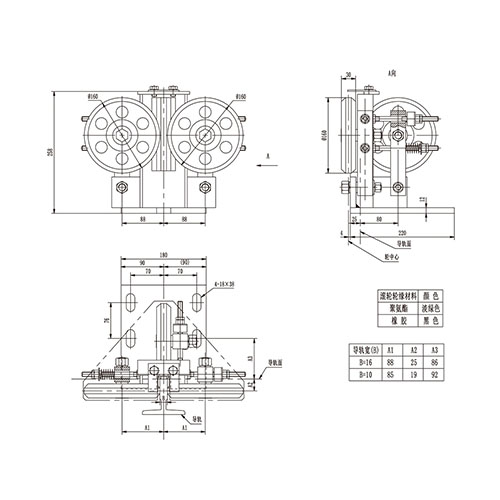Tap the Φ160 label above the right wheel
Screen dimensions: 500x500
[241, 97]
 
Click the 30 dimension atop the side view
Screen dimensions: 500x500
[346, 74]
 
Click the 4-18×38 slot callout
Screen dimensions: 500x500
[226, 284]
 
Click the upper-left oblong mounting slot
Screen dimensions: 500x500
[130, 300]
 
